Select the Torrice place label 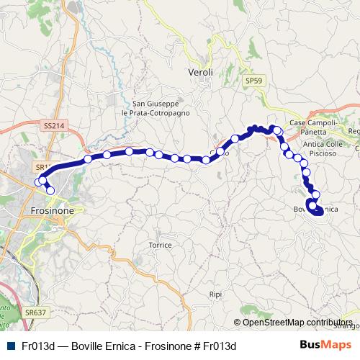[160, 245]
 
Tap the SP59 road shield [251, 81]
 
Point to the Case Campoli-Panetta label [313, 128]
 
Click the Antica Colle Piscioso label [326, 148]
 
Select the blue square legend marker [9, 346]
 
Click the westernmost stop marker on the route [39, 182]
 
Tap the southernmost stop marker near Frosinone [50, 190]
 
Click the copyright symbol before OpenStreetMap [238, 323]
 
